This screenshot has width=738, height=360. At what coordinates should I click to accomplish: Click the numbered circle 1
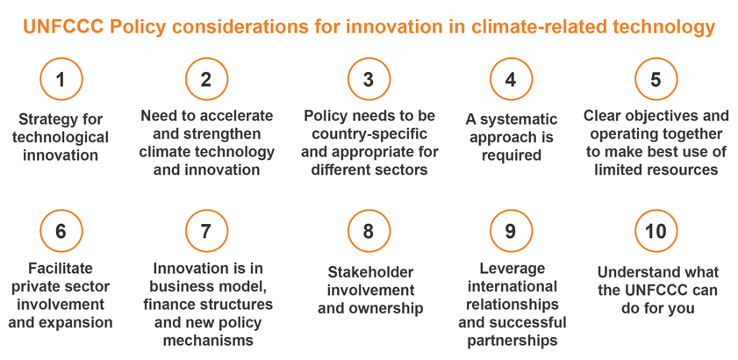(x=61, y=79)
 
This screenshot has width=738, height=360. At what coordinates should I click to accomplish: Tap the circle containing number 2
(x=206, y=79)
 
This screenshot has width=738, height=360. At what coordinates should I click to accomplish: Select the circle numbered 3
(x=369, y=79)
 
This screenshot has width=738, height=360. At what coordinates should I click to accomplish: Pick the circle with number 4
(x=511, y=79)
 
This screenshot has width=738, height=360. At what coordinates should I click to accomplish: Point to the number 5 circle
(x=656, y=79)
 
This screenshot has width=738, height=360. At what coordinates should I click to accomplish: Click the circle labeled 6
(x=61, y=231)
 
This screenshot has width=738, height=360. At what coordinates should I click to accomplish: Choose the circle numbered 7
(x=206, y=231)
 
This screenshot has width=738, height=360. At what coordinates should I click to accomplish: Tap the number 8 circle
(x=369, y=231)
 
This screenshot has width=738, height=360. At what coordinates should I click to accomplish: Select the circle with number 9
(x=511, y=231)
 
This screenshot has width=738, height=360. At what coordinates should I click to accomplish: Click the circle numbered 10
(x=656, y=231)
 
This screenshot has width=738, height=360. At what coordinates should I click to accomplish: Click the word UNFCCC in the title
(x=63, y=27)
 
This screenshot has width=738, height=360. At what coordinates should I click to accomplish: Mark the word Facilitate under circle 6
(x=61, y=269)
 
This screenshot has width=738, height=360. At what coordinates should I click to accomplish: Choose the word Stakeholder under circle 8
(x=370, y=272)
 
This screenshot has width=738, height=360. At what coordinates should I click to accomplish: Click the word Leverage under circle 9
(x=512, y=269)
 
